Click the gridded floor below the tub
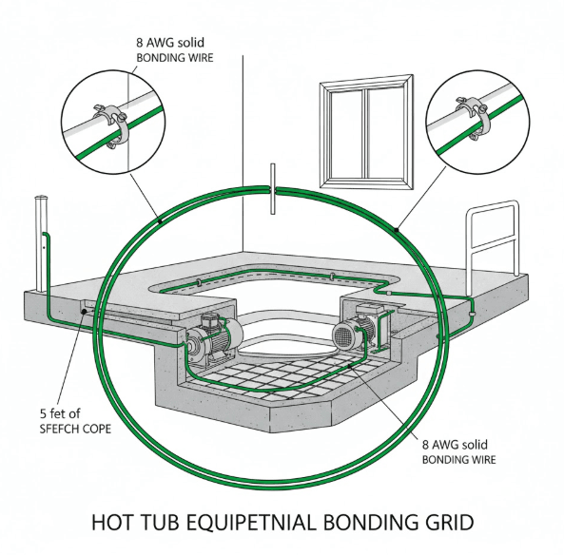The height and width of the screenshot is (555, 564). click(285, 380)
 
